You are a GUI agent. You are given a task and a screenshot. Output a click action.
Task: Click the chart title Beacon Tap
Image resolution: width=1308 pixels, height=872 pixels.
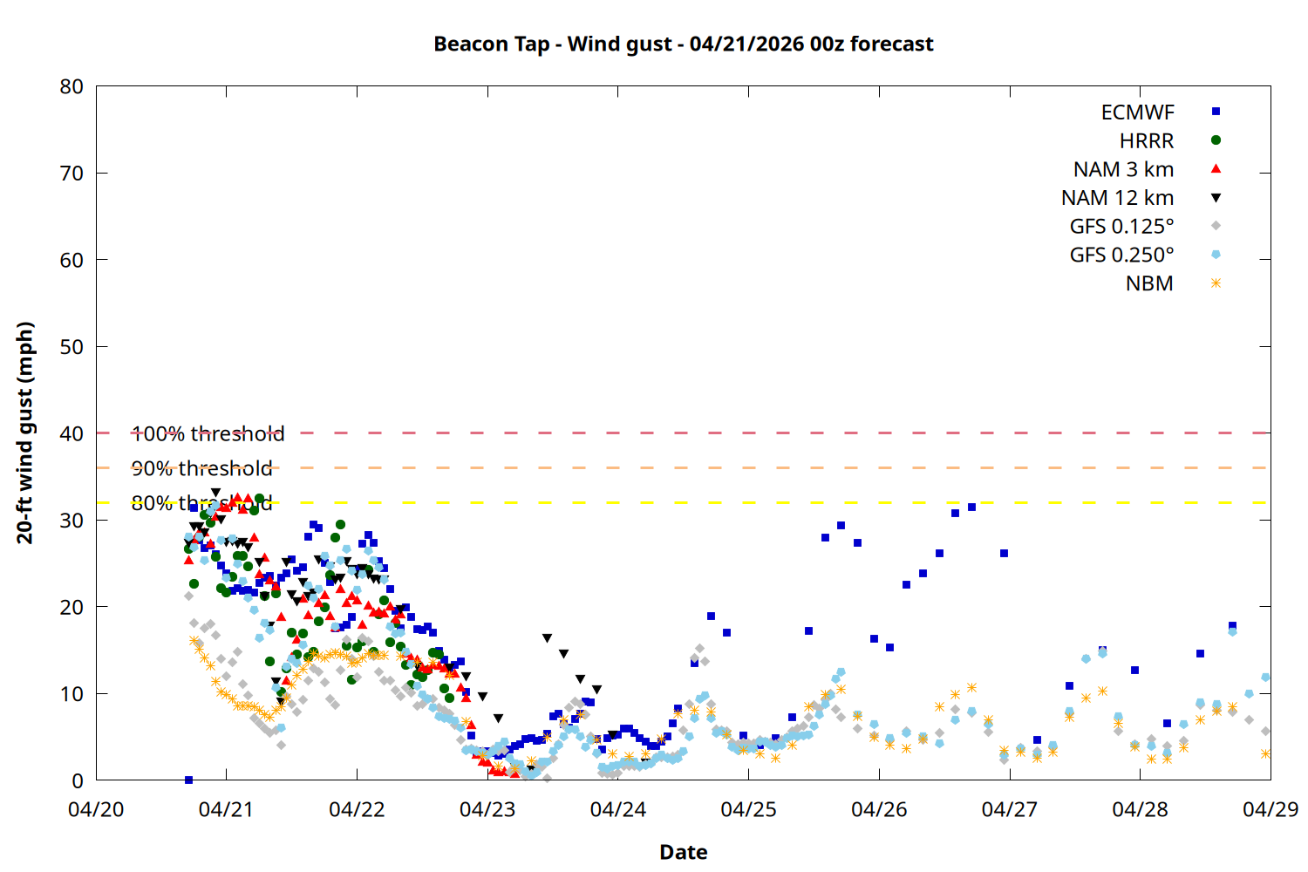click(x=683, y=44)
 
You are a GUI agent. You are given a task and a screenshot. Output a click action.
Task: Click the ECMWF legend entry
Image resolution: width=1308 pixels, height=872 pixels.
click(x=1137, y=112)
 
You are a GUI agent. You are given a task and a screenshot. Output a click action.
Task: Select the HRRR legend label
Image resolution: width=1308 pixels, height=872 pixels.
click(x=1146, y=141)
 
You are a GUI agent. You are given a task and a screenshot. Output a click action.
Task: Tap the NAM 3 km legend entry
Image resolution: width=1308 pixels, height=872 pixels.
click(x=1123, y=169)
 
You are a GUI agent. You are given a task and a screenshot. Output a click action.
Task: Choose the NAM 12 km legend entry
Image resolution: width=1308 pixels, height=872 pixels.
click(x=1117, y=198)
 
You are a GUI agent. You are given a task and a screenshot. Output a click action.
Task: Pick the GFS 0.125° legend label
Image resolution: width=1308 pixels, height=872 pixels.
click(x=1121, y=227)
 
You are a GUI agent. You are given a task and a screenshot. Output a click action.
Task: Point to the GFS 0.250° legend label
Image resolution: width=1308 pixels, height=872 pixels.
click(x=1121, y=255)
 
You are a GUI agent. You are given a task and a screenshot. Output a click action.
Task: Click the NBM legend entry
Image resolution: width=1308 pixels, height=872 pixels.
click(x=1149, y=284)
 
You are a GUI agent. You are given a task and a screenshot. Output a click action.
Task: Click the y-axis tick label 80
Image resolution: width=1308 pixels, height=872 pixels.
click(x=72, y=86)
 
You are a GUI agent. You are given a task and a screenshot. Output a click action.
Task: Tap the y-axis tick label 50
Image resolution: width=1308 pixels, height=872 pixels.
click(x=72, y=346)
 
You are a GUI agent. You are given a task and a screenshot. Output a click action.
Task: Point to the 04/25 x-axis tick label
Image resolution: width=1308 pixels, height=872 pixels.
click(x=748, y=809)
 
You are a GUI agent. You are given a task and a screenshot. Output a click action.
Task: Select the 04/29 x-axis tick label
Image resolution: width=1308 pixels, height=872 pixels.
click(x=1270, y=809)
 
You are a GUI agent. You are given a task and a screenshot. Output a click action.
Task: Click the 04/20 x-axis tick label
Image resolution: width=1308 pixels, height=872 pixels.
click(x=96, y=809)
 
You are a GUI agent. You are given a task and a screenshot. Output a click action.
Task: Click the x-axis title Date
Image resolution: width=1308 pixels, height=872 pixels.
click(x=683, y=852)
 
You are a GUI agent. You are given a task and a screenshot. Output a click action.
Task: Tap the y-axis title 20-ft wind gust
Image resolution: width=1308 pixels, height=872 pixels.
click(x=25, y=433)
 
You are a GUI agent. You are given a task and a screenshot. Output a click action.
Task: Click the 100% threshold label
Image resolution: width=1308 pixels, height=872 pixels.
click(x=208, y=433)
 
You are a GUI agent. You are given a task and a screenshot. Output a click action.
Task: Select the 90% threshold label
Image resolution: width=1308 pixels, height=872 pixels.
click(x=201, y=468)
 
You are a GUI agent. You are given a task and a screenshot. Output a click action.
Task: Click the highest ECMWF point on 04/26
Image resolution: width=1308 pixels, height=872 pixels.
click(x=971, y=507)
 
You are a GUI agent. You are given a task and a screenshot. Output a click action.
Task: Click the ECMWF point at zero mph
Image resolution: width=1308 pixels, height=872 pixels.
click(x=188, y=780)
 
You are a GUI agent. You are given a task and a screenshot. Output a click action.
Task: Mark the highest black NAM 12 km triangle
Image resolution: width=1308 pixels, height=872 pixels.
click(x=215, y=493)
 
